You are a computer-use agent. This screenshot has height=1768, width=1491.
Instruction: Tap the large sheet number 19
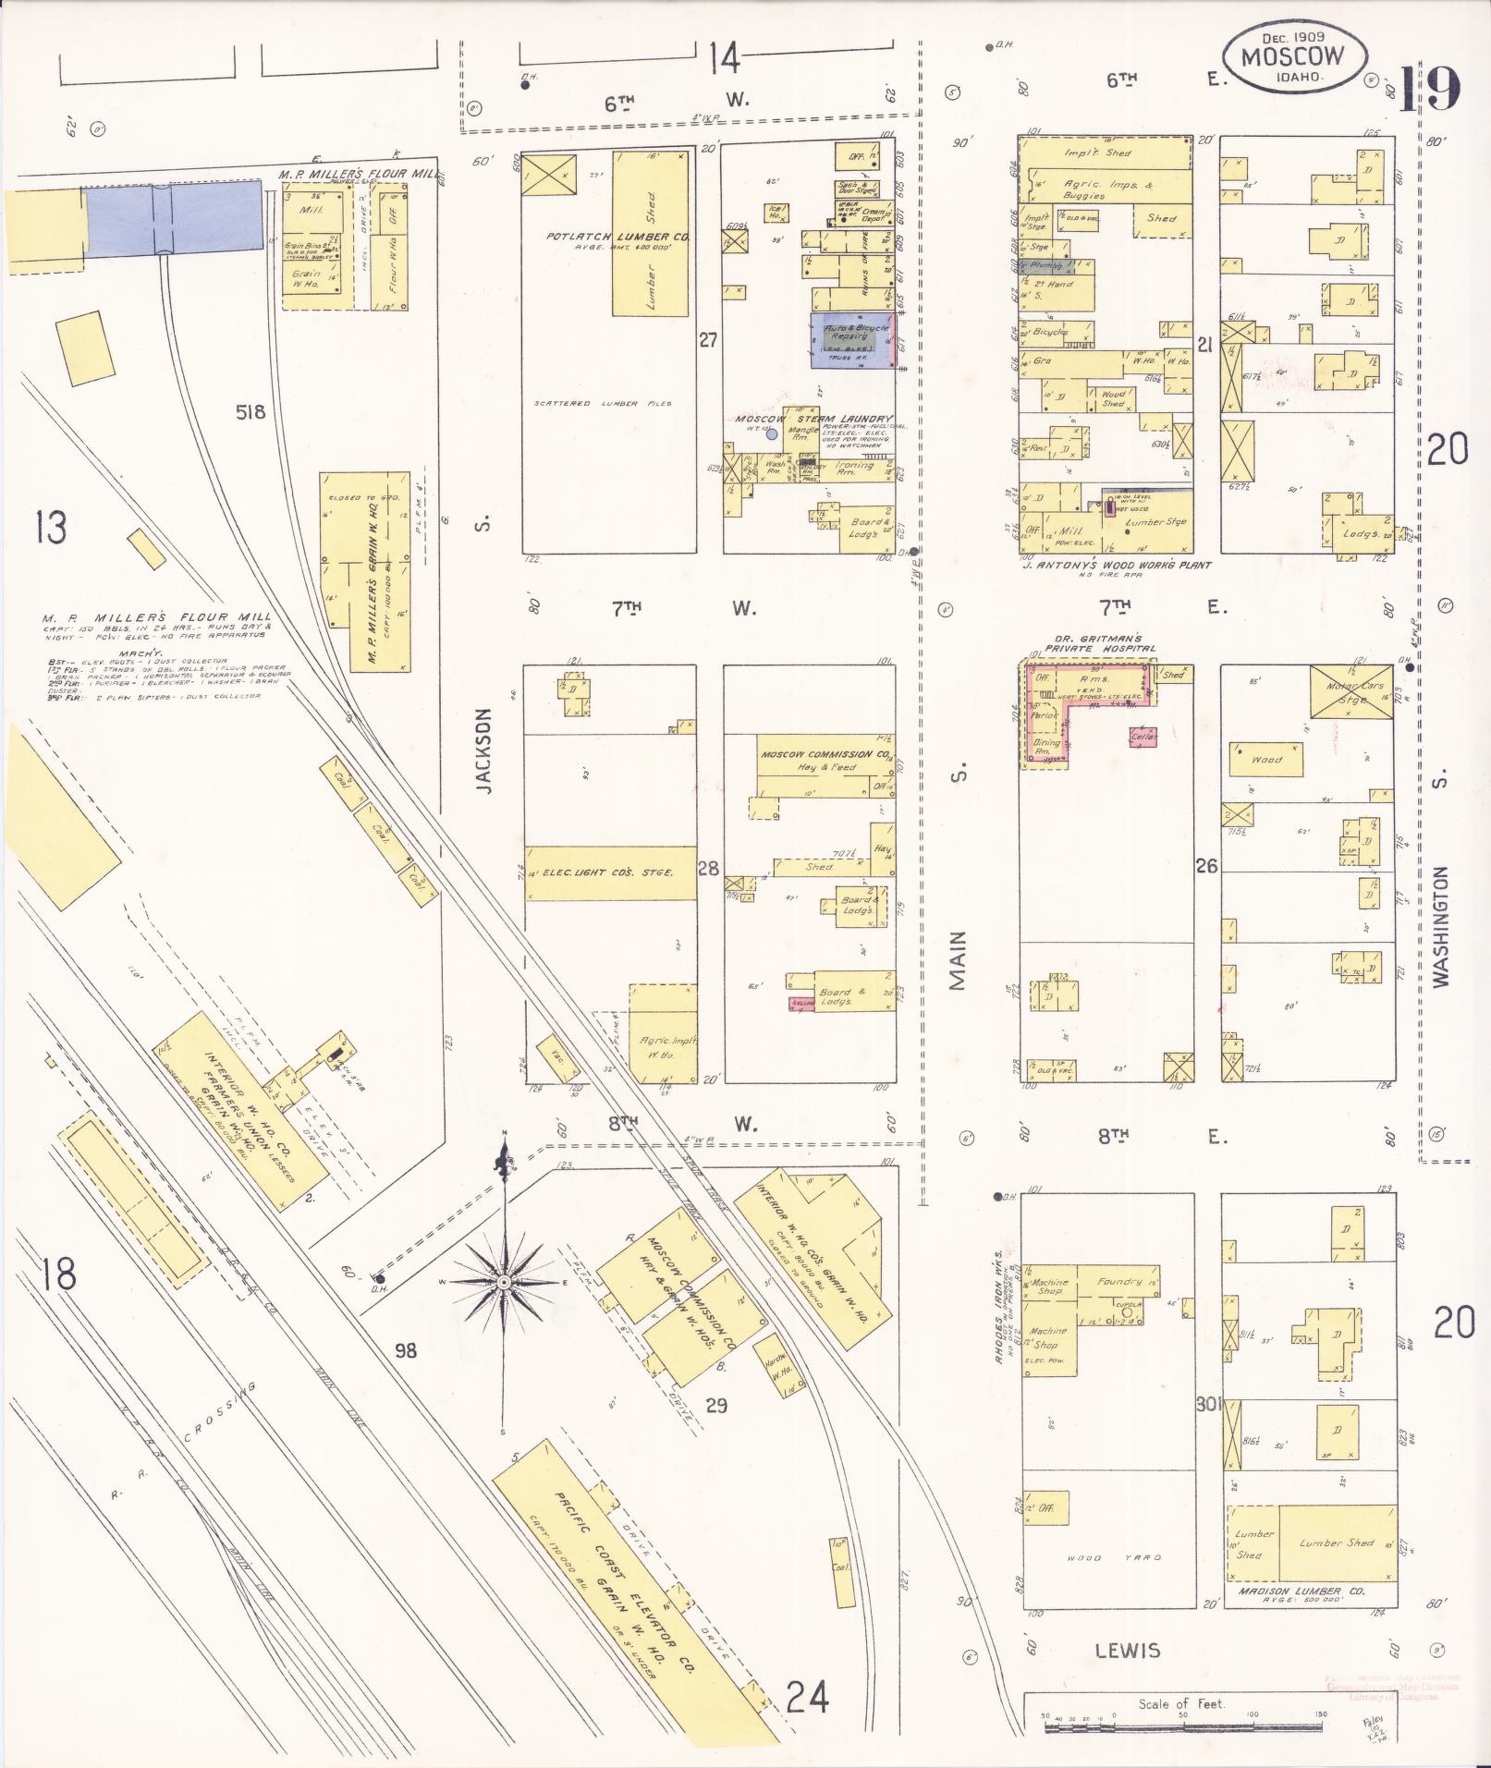point(1430,90)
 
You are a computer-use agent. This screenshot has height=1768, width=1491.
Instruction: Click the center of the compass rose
point(504,1284)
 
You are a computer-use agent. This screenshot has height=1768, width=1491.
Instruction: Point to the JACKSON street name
point(484,750)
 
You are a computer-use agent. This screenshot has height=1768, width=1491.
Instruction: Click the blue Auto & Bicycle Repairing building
point(850,340)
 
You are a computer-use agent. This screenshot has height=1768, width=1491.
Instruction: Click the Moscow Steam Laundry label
point(813,419)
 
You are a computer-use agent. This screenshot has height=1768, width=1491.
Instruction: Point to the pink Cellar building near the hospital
point(1143,738)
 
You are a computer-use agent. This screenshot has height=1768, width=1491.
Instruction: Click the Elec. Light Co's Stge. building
point(610,872)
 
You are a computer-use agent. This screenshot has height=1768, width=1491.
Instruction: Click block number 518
point(251,412)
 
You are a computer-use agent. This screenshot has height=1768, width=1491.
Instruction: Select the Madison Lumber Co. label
point(1313,1591)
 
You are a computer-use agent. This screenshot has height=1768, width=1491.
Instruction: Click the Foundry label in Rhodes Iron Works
point(1120,1282)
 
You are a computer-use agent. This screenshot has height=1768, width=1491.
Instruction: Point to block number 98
point(405,1351)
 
